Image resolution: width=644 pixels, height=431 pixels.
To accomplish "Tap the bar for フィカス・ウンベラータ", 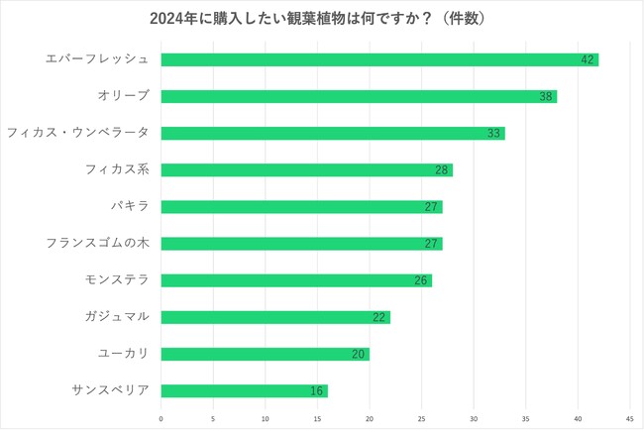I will pos(333,133).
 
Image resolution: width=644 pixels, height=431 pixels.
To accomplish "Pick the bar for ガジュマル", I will pos(275,317).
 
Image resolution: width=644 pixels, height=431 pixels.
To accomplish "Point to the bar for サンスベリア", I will pos(244,390).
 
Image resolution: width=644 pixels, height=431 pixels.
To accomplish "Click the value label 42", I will pos(588,59).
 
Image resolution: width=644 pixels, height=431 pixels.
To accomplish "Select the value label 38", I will pos(546,96).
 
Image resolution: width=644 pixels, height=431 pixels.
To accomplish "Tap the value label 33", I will pos(493,133).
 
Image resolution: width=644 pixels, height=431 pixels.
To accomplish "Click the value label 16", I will pos(317,390).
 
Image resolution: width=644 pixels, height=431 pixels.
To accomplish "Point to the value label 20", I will pos(359,354).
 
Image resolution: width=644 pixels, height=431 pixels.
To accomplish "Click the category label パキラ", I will pos(129,206).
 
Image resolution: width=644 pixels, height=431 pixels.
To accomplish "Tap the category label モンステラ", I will pos(117,280).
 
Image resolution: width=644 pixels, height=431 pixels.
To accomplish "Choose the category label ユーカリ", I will pos(123,354).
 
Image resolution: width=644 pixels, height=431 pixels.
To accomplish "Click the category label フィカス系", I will pos(117,169).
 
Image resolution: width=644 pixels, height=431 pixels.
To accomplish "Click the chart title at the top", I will pos(322,18).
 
